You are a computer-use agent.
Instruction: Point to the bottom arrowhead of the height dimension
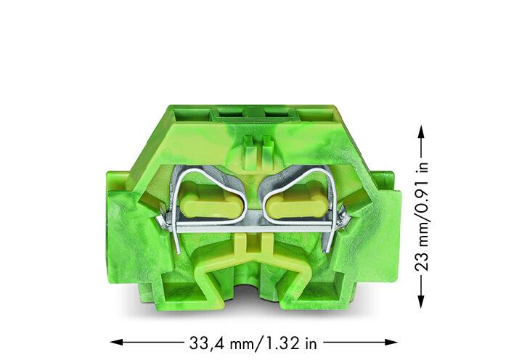tap(420, 301)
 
